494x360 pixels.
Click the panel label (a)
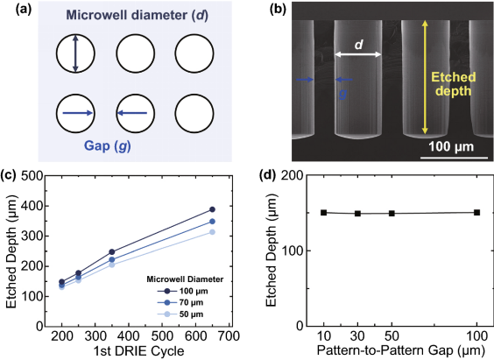coord(24,10)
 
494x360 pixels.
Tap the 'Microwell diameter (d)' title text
coord(137,16)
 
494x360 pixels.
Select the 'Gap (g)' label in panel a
coord(108,146)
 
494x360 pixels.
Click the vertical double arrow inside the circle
coord(75,53)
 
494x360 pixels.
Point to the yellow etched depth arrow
coord(425,77)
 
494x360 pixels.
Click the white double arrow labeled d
coord(358,54)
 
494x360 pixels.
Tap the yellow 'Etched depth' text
coord(454,84)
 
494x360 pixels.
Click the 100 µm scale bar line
coord(454,158)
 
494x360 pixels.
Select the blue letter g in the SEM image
coord(343,93)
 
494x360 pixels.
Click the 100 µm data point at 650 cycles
coord(212,209)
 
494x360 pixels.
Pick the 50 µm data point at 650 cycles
coord(212,232)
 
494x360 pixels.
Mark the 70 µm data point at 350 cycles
coord(112,260)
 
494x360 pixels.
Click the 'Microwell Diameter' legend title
coord(185,279)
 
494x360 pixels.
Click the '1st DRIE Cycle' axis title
coord(138,351)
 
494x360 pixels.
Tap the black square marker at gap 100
coord(476,213)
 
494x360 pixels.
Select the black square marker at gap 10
coord(323,213)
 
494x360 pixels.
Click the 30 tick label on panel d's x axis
coord(357,336)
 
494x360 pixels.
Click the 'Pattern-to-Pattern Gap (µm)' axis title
coord(401,350)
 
